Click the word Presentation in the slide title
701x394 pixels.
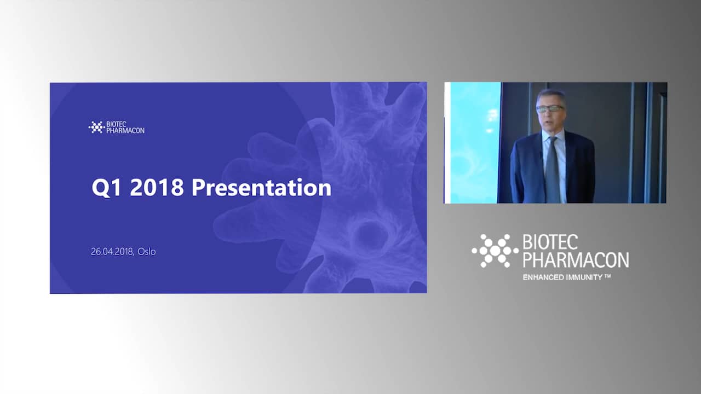[261, 188]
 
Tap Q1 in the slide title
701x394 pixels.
[106, 188]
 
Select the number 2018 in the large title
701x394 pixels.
[157, 187]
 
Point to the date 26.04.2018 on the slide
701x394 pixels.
[112, 251]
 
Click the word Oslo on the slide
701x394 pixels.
[146, 251]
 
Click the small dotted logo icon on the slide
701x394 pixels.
[96, 128]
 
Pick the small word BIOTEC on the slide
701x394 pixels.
[116, 124]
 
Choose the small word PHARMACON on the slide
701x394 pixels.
[125, 130]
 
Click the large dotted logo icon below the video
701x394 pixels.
[495, 251]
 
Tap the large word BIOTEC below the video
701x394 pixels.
[550, 242]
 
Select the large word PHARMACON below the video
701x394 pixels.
[576, 260]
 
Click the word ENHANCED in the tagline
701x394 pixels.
[542, 277]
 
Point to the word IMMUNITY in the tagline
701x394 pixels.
[583, 277]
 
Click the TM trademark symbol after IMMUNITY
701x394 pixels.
[607, 276]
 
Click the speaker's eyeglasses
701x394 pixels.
[550, 109]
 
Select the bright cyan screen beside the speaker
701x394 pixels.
[475, 143]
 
